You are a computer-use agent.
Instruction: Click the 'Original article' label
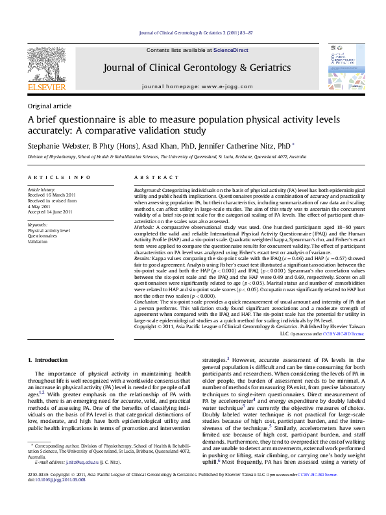pyautogui.click(x=49, y=106)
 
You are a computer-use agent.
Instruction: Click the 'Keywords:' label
pyautogui.click(x=38, y=224)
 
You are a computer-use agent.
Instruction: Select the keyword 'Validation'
pyautogui.click(x=38, y=241)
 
